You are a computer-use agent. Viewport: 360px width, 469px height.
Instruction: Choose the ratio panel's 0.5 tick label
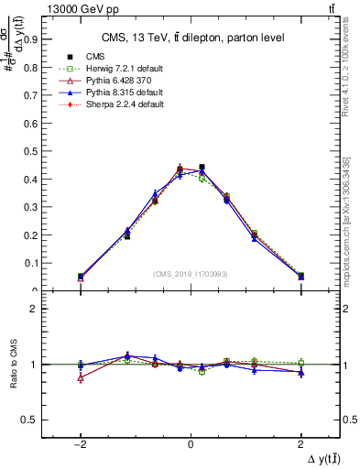(x=28, y=420)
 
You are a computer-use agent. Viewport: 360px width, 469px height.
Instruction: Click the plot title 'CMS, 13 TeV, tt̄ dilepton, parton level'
(x=190, y=37)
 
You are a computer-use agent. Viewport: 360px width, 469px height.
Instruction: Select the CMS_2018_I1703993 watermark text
(x=190, y=274)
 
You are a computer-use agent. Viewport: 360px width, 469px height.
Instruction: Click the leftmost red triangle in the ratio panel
(x=81, y=377)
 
